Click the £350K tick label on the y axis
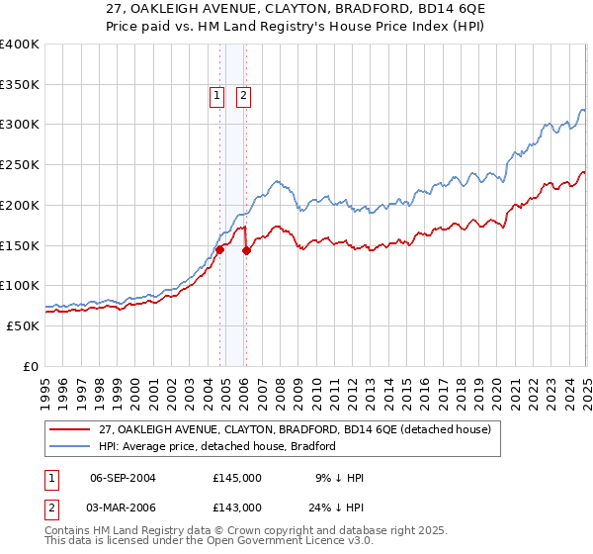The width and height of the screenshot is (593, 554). pos(20,85)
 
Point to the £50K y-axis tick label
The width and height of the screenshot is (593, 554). pos(23,325)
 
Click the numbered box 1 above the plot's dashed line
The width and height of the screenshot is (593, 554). pos(216,96)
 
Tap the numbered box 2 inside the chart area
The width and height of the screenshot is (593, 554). pos(242,96)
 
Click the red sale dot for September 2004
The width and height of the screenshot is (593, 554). pos(219,250)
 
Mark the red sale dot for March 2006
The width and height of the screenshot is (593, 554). pos(246,251)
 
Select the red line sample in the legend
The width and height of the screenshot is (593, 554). pos(70,428)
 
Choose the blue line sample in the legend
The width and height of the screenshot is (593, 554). pos(70,446)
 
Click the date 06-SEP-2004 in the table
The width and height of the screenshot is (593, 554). pos(123,478)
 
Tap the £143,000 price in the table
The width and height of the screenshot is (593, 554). pos(237,508)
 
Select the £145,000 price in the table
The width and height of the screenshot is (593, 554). pos(237,478)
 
